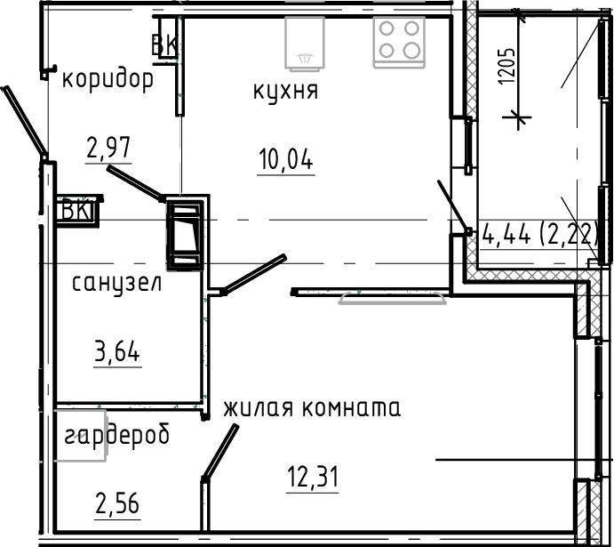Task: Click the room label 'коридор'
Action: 108,79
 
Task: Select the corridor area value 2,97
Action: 108,147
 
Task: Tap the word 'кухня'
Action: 286,91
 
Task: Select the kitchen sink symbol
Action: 306,42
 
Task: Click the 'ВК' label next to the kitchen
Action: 164,44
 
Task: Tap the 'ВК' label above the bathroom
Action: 76,211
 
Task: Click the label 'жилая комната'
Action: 312,408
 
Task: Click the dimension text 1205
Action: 506,68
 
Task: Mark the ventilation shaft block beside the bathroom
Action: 185,232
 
